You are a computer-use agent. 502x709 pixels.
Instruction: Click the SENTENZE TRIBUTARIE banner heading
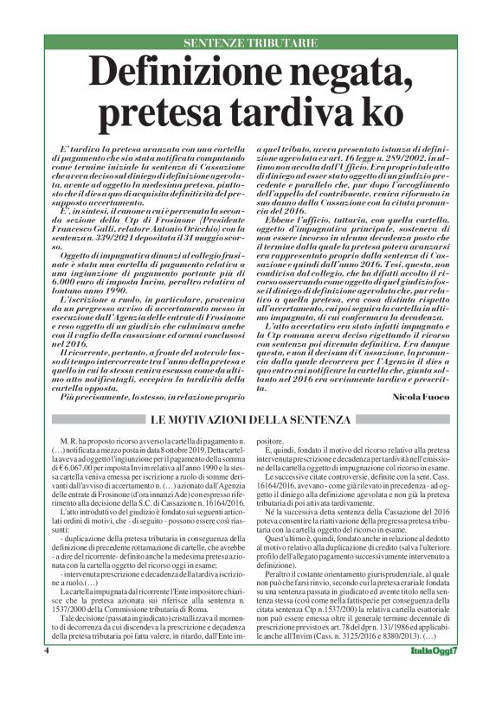click(x=250, y=42)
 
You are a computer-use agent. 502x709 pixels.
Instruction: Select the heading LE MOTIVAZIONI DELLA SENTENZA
click(x=251, y=419)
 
